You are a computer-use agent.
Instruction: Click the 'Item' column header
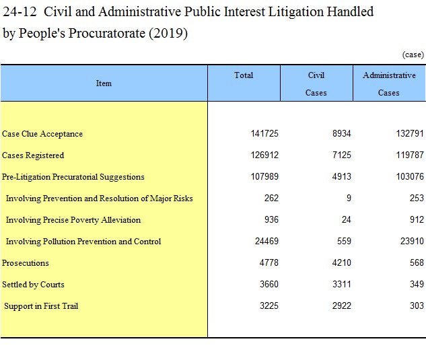[x=104, y=83]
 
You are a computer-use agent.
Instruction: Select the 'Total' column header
[x=244, y=75]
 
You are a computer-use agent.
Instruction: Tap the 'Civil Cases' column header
[x=316, y=83]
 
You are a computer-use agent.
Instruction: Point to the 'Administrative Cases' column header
[x=389, y=83]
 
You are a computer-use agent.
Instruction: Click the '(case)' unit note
[x=413, y=55]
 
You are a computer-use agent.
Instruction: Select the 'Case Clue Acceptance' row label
[x=42, y=134]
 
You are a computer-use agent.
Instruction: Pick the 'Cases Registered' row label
[x=33, y=155]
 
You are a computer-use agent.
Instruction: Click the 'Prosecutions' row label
[x=26, y=262]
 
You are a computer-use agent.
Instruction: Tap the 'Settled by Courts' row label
[x=33, y=285]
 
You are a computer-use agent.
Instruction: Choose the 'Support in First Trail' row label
[x=41, y=306]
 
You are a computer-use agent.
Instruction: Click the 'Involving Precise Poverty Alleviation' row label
[x=73, y=220]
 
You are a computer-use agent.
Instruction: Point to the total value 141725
[x=264, y=133]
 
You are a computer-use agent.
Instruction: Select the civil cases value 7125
[x=341, y=155]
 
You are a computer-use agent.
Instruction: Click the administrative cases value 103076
[x=410, y=176]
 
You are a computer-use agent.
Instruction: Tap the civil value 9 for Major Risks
[x=349, y=198]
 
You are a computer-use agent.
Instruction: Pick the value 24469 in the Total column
[x=267, y=241]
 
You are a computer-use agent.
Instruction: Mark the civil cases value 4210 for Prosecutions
[x=341, y=262]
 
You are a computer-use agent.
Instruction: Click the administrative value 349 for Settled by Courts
[x=417, y=284]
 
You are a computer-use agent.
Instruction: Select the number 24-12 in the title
[x=20, y=11]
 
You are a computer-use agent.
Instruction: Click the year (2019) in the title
[x=168, y=33]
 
